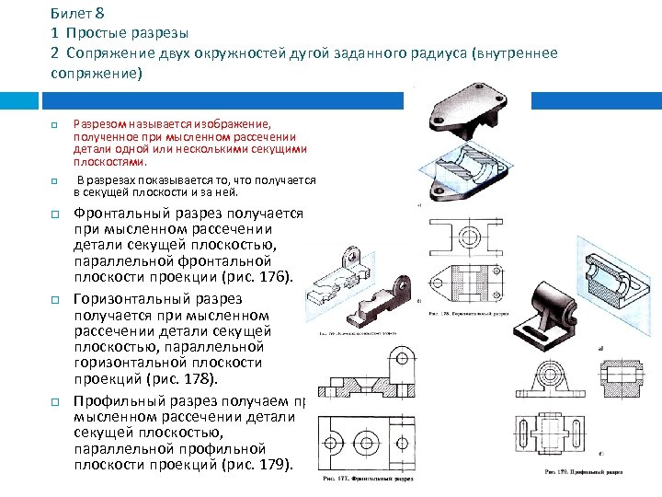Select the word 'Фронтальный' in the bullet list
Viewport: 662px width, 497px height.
(x=123, y=214)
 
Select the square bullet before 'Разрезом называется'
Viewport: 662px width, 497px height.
(x=54, y=124)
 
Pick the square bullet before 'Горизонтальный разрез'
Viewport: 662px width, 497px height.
(x=54, y=300)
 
